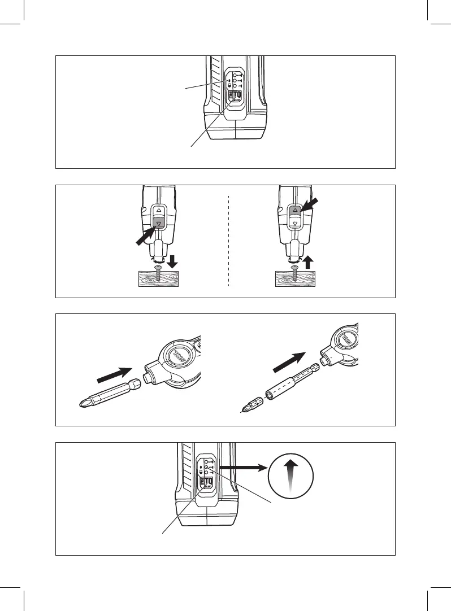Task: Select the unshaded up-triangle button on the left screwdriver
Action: tap(159, 211)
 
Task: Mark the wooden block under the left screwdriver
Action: tap(158, 278)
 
